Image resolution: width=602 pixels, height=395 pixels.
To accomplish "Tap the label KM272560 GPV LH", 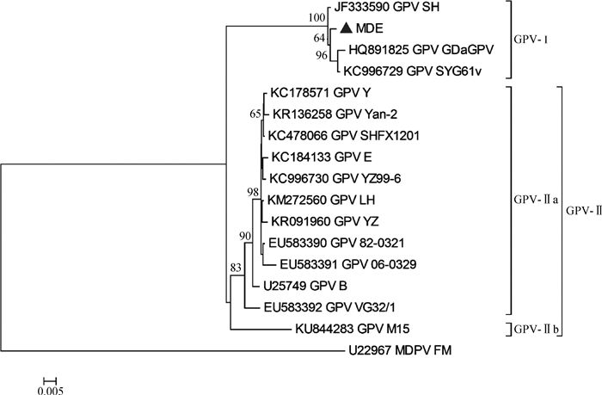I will pos(323,201).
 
